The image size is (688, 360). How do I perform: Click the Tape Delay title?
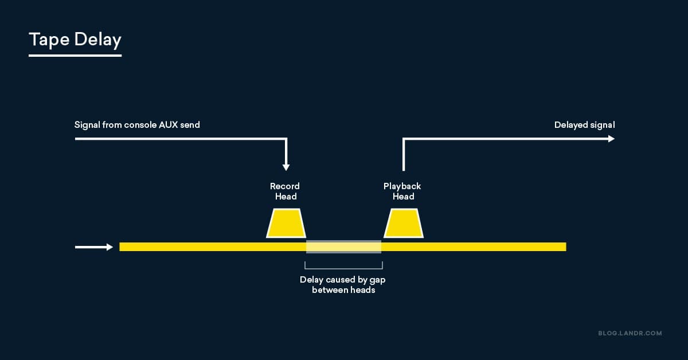tap(75, 40)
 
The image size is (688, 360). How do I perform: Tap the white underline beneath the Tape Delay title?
tap(75, 56)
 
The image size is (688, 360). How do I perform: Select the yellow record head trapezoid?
tap(286, 224)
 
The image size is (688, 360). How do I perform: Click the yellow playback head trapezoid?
tap(404, 224)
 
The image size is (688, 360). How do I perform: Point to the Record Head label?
tap(285, 191)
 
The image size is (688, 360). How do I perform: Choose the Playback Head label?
tap(402, 191)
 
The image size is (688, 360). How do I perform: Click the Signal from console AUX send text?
tap(137, 124)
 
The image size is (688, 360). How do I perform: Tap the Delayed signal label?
tap(584, 124)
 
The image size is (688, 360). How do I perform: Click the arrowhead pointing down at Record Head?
tap(286, 167)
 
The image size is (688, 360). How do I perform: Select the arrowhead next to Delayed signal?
tap(611, 139)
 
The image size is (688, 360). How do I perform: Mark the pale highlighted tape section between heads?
tap(343, 246)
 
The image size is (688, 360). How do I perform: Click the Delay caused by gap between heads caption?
tap(343, 285)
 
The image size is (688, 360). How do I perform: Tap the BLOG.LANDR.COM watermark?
tap(630, 333)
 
